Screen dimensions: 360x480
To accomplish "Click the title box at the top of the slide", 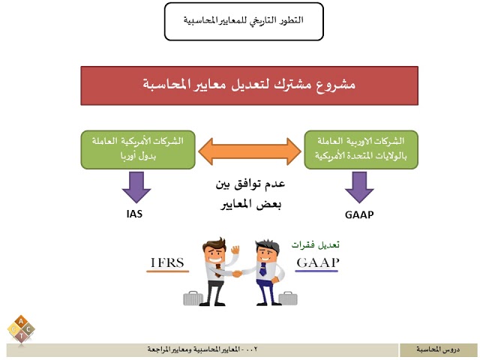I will [x=244, y=21].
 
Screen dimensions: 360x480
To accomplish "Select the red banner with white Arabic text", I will [x=249, y=85].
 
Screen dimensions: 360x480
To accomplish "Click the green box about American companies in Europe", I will [x=137, y=148].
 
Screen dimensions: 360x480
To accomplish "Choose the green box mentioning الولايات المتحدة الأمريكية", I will [x=361, y=148].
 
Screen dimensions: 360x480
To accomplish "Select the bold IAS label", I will [x=135, y=214].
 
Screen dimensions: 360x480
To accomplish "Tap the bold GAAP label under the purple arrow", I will [x=360, y=214].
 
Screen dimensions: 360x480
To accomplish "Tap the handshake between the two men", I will [x=236, y=274].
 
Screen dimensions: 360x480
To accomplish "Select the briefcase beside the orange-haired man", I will [x=194, y=298].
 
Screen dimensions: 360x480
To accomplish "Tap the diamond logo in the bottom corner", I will [x=22, y=327].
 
